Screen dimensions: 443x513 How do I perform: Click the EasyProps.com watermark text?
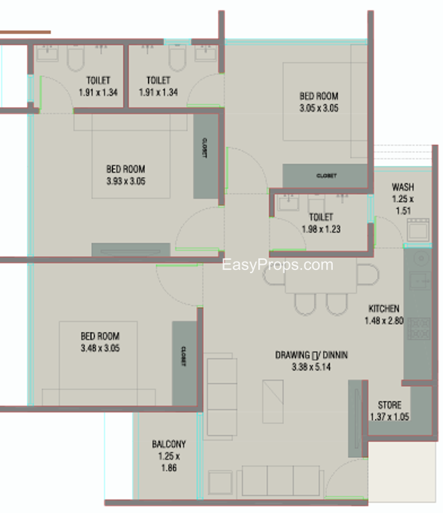pos(278,265)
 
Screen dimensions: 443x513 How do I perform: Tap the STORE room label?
pos(390,405)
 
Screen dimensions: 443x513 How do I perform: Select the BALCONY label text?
pos(169,444)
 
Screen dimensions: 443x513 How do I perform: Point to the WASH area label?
pos(403,187)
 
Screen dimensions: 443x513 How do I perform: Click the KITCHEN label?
pos(384,308)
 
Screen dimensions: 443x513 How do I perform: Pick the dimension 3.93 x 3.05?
pos(126,181)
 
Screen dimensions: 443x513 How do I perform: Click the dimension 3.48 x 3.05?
pos(100,348)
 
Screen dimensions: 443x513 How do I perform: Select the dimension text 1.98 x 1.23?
pos(321,229)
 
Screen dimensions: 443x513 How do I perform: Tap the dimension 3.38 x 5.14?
pos(311,367)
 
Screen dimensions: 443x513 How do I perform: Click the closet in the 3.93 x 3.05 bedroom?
pos(205,156)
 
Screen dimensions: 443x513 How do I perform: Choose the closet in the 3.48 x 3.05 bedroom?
pos(184,363)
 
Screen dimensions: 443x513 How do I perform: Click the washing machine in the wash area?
pos(418,230)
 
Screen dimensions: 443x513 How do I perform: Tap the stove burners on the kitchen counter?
pos(419,328)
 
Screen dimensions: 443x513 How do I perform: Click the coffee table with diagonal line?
pos(273,401)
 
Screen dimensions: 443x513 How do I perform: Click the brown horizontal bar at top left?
pos(25,32)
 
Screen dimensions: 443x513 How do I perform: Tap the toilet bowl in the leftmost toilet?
pos(76,58)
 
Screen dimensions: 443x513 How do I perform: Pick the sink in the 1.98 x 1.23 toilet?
pos(288,203)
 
